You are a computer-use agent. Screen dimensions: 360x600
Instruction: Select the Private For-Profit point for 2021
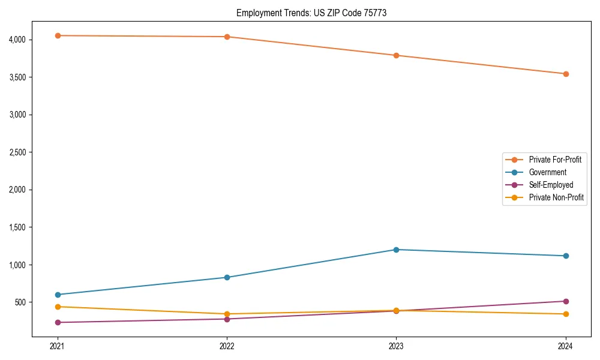58,35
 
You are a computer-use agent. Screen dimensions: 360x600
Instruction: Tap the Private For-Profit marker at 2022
227,37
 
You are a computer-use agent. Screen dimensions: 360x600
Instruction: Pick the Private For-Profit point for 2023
396,55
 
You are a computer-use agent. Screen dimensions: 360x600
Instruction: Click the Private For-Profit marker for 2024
566,74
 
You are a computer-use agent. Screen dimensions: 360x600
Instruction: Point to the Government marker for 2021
58,295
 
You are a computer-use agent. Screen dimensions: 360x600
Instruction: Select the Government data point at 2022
227,277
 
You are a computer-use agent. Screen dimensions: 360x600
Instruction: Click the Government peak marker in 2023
396,250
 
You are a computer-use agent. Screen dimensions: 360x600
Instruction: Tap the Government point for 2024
566,256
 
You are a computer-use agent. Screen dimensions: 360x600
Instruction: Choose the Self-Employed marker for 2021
58,322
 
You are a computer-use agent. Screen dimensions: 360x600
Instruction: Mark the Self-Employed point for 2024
566,301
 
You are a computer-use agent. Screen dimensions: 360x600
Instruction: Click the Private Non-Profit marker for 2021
58,307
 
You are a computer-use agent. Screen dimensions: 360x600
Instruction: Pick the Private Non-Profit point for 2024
566,314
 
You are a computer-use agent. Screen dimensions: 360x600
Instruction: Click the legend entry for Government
547,172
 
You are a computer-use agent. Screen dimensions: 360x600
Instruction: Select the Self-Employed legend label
551,185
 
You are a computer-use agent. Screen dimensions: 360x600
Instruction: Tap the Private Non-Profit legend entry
556,197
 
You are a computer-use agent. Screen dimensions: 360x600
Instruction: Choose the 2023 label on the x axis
396,346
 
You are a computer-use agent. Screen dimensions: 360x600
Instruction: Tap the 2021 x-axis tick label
58,346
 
